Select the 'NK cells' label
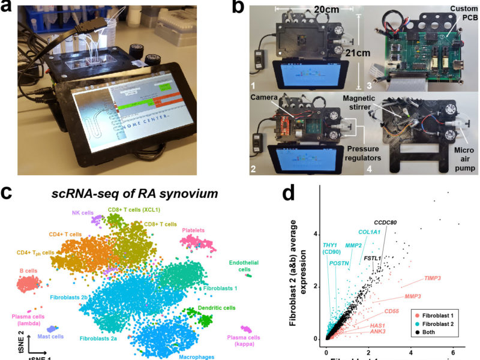(x=75, y=212)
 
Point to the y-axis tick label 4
(x=314, y=234)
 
